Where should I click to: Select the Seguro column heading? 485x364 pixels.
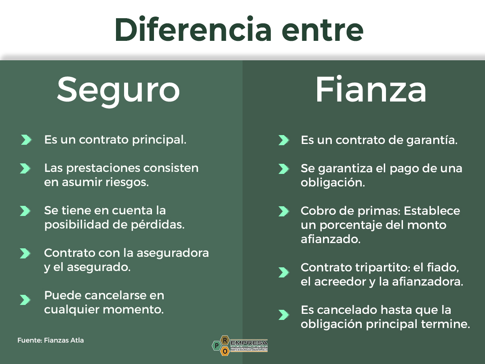pyautogui.click(x=118, y=90)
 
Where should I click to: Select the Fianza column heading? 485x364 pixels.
pyautogui.click(x=371, y=90)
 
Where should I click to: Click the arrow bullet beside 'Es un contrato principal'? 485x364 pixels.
pyautogui.click(x=26, y=140)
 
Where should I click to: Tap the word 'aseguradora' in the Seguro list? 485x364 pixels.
pyautogui.click(x=173, y=253)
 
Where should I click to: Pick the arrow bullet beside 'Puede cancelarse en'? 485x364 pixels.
pyautogui.click(x=25, y=300)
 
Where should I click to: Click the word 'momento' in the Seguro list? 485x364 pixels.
pyautogui.click(x=137, y=310)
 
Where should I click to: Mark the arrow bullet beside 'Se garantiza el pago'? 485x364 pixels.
pyautogui.click(x=284, y=169)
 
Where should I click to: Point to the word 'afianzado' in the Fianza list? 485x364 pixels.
pyautogui.click(x=330, y=239)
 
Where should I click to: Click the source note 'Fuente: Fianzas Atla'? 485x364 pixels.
pyautogui.click(x=51, y=340)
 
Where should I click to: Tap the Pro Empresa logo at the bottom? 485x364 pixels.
pyautogui.click(x=239, y=345)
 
